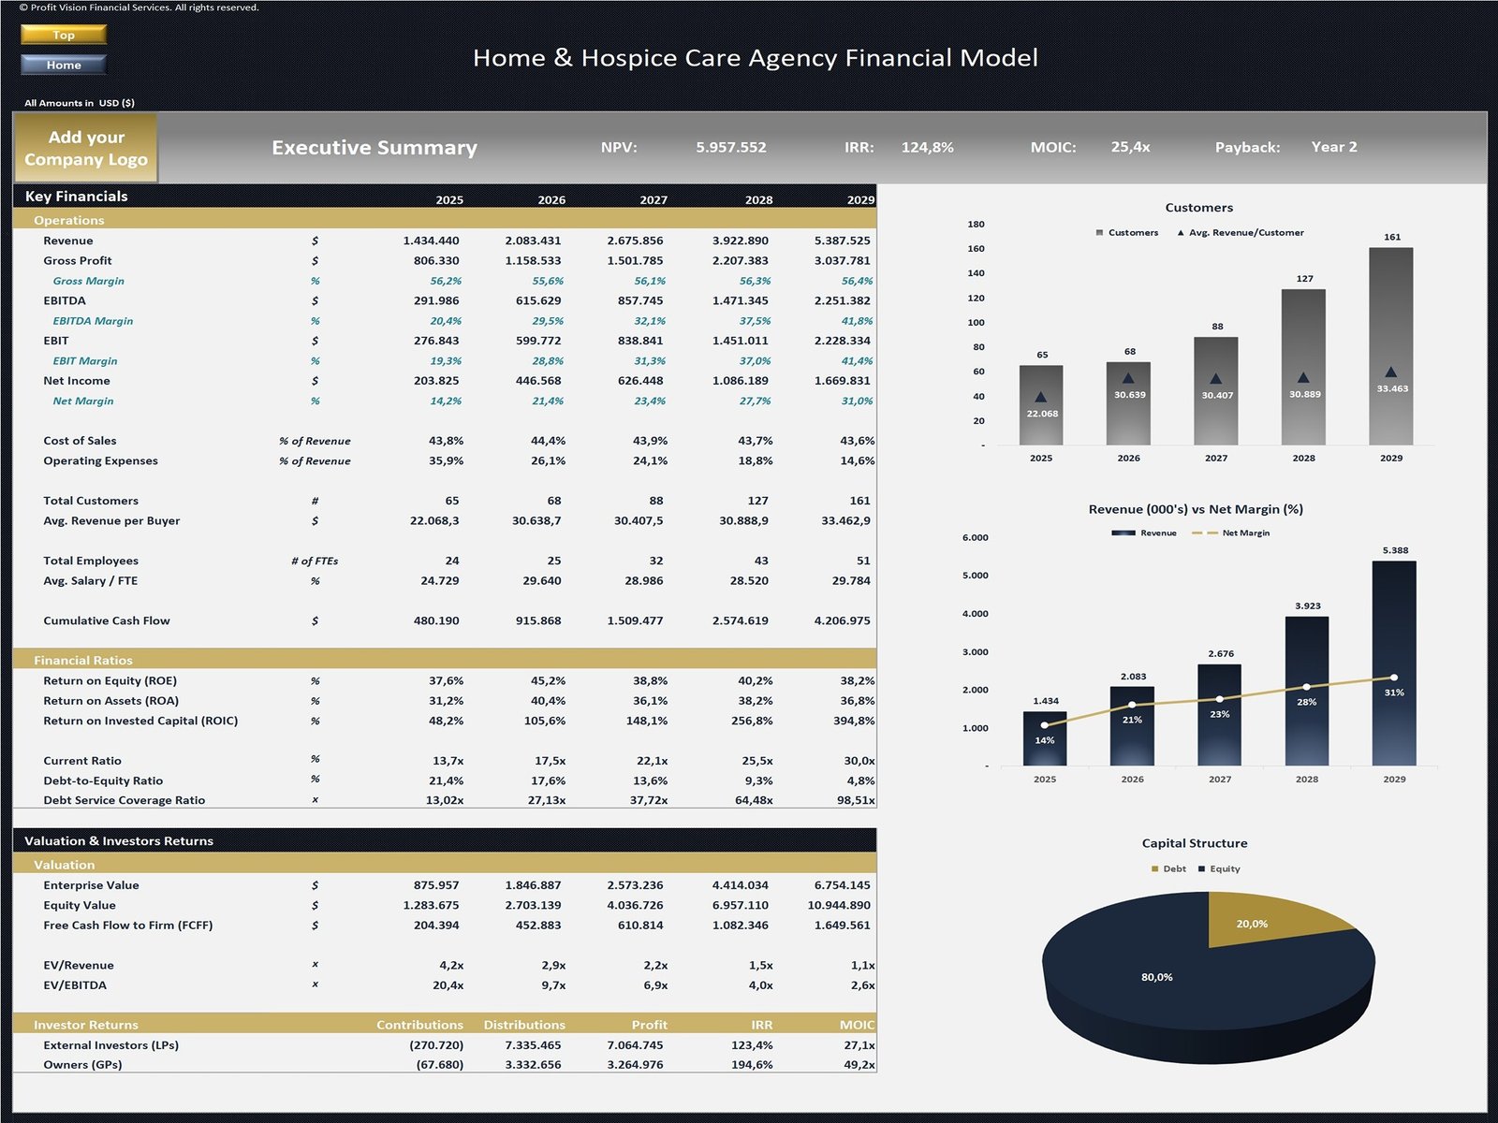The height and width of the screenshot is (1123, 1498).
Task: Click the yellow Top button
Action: (64, 35)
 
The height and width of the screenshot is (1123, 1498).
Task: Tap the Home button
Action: (64, 65)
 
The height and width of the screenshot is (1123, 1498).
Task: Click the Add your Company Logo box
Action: (85, 148)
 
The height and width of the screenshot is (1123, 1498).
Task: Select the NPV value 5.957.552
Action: (730, 147)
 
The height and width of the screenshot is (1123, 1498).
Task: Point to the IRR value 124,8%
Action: (927, 147)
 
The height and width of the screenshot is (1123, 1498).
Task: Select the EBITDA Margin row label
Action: (93, 321)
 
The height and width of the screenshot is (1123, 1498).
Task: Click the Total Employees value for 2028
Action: (760, 561)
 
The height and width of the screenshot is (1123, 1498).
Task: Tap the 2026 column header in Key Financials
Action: (551, 199)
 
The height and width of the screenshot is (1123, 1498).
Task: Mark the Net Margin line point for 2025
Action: (1045, 725)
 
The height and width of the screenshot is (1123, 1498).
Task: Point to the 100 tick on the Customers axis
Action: (976, 323)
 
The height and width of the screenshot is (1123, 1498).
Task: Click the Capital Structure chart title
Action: (1195, 843)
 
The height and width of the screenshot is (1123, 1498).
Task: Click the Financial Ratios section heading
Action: (83, 660)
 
